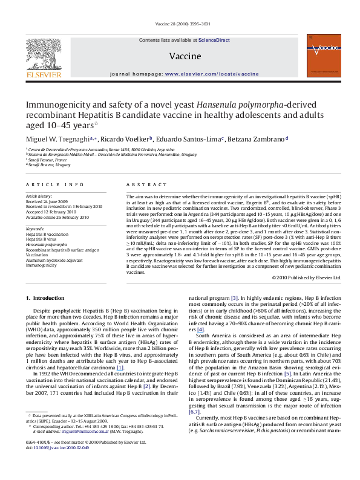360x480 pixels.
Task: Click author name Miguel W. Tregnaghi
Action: tap(53, 140)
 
